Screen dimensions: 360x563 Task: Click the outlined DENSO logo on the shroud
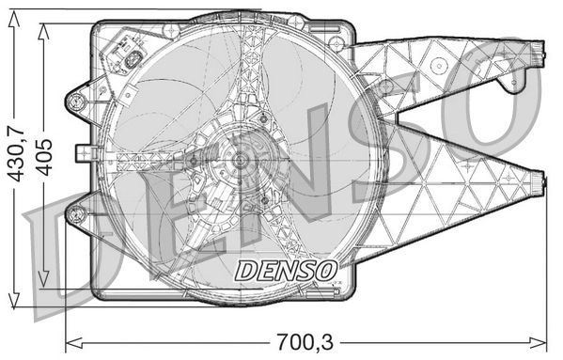pos(285,271)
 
